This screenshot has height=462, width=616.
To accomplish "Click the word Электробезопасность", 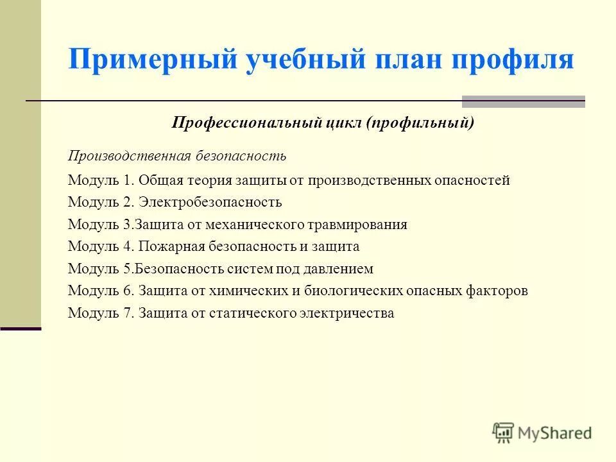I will (210, 202).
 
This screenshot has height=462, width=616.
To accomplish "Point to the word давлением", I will (341, 269).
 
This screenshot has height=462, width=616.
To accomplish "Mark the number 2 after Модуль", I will (126, 202).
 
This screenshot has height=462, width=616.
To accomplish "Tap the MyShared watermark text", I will (555, 433).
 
